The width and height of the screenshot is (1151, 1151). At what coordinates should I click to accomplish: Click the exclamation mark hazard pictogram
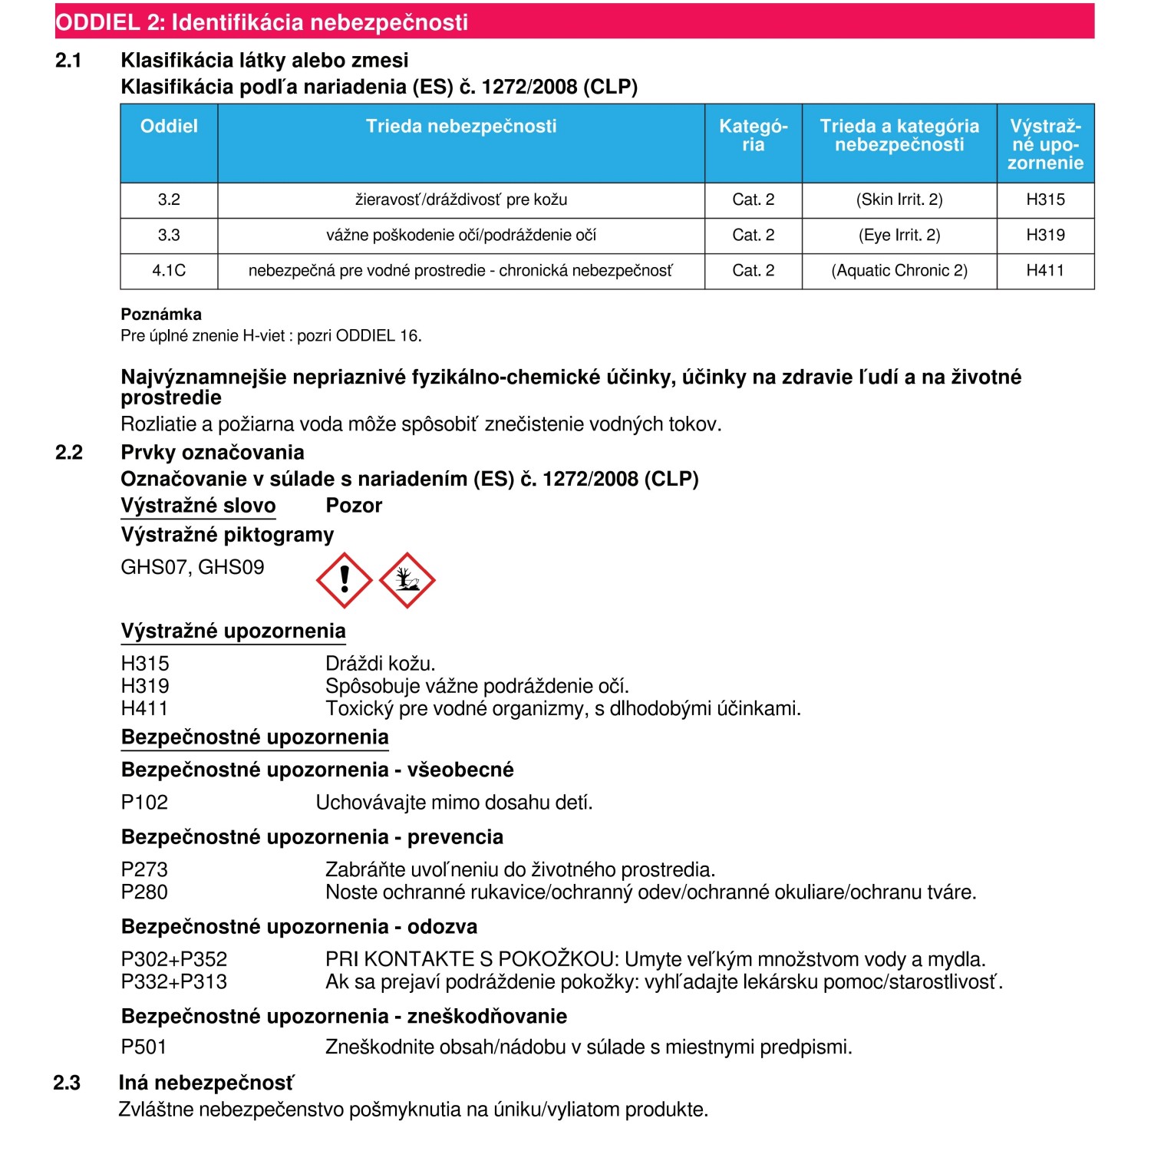tap(345, 580)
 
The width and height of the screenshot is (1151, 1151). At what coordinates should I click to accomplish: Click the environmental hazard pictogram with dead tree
tap(407, 580)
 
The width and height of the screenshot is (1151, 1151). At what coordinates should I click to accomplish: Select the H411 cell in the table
tap(1045, 271)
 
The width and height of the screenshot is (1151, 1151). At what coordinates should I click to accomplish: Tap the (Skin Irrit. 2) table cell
tap(899, 200)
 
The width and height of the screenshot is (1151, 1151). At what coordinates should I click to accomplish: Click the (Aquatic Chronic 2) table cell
tap(899, 271)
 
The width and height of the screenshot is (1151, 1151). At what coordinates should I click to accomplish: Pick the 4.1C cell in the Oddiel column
tap(169, 271)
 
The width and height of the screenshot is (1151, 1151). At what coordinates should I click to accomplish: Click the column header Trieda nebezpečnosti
tap(461, 127)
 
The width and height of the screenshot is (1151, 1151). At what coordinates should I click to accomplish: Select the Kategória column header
tap(753, 136)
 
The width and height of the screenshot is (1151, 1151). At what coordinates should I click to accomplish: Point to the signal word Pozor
tap(354, 506)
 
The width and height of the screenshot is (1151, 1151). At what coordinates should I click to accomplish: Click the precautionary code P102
tap(144, 803)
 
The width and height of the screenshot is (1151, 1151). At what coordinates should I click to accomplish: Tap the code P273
tap(144, 869)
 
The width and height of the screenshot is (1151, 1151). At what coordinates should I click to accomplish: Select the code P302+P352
tap(174, 959)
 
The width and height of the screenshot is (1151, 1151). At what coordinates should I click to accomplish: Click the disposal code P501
tap(144, 1047)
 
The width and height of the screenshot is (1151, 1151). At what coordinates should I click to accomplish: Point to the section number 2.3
tap(67, 1083)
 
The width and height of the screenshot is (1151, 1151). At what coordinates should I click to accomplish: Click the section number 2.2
tap(69, 453)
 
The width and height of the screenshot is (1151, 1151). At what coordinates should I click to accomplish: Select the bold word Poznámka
tap(161, 315)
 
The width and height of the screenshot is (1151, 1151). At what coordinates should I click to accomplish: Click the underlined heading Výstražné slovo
tap(198, 506)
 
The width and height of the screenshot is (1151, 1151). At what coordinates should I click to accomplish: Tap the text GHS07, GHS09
tap(193, 568)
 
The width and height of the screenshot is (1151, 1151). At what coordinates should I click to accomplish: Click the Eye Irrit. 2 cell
tap(899, 236)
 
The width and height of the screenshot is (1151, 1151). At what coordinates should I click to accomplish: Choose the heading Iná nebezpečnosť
tap(206, 1083)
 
